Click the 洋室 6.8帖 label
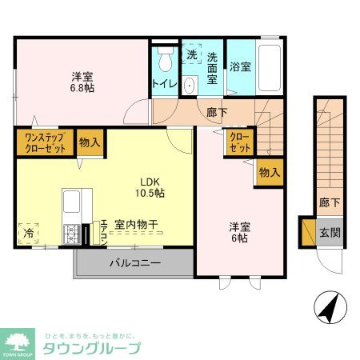(x=82, y=82)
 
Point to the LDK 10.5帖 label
(x=149, y=187)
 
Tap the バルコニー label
(x=134, y=262)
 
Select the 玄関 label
(x=330, y=234)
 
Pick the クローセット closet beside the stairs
(x=240, y=143)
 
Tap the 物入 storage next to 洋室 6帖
(x=270, y=173)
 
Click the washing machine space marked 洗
(x=192, y=55)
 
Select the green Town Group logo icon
(x=17, y=342)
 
